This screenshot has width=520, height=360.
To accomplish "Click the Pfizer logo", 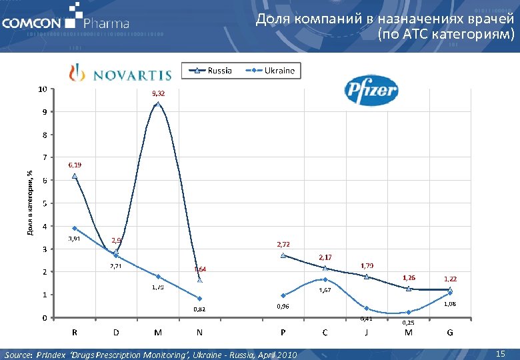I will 371,91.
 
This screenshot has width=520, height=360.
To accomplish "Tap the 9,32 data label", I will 159,93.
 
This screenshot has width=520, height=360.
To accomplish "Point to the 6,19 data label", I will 75,164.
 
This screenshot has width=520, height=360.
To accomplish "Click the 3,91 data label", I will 74,239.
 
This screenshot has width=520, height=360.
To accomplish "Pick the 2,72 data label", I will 283,244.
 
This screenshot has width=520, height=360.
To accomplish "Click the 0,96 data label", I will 283,306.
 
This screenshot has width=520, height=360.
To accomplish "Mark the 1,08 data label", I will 450,304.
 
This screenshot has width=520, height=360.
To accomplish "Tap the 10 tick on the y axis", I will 43,89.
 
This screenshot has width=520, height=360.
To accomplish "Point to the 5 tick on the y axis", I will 45,203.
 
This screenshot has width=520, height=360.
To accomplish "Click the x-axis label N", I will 200,332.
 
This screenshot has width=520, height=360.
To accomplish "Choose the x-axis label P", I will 283,332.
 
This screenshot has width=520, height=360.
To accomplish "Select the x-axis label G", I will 450,332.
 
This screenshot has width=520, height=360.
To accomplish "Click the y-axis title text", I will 30,200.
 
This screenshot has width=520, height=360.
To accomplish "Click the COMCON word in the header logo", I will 31,24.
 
